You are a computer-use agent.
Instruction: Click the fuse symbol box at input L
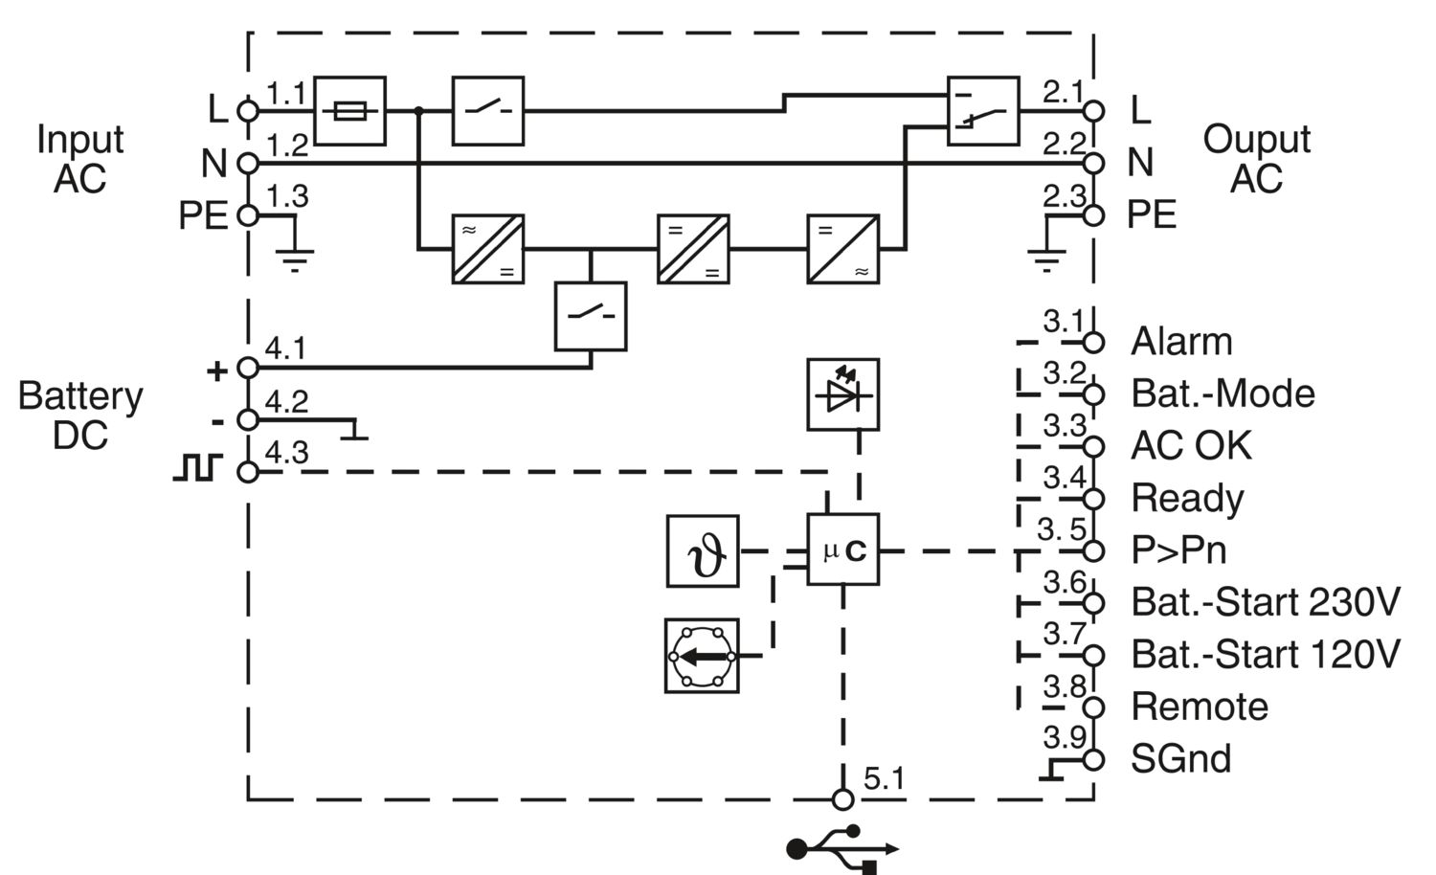(x=349, y=111)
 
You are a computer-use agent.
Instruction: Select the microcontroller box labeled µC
(x=842, y=550)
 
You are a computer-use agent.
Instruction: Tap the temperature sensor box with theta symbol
(x=703, y=550)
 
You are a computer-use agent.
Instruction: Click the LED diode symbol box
(x=842, y=394)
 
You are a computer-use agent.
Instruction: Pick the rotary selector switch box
(x=702, y=656)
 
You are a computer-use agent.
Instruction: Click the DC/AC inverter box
(x=842, y=249)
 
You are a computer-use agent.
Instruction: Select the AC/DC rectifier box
(x=487, y=249)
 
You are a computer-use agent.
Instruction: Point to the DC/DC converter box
(x=692, y=249)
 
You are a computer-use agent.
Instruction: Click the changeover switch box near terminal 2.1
(x=982, y=111)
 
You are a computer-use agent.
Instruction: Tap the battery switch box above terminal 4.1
(x=591, y=316)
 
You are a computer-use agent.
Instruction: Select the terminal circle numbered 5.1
(x=842, y=799)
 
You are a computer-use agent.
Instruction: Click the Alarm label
(x=1181, y=342)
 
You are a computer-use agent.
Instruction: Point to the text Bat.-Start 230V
(x=1265, y=602)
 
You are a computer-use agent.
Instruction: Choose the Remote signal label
(x=1200, y=707)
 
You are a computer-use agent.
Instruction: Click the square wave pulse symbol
(x=197, y=468)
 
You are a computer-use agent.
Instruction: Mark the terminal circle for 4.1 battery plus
(x=248, y=368)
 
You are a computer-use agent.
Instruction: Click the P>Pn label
(x=1178, y=550)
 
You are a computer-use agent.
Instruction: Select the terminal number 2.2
(x=1063, y=145)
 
